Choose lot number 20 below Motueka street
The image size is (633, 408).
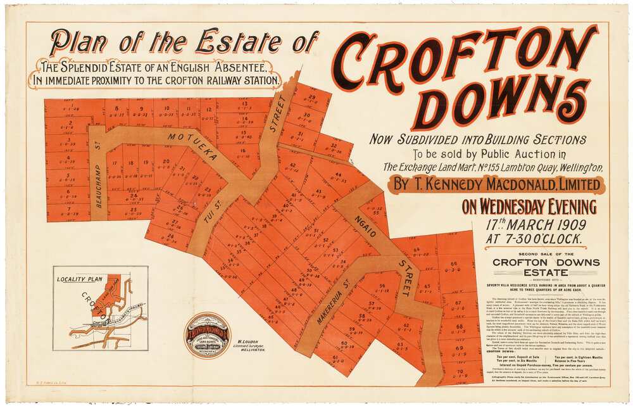(x=166, y=162)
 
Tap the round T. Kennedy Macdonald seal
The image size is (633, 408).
(x=207, y=334)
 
